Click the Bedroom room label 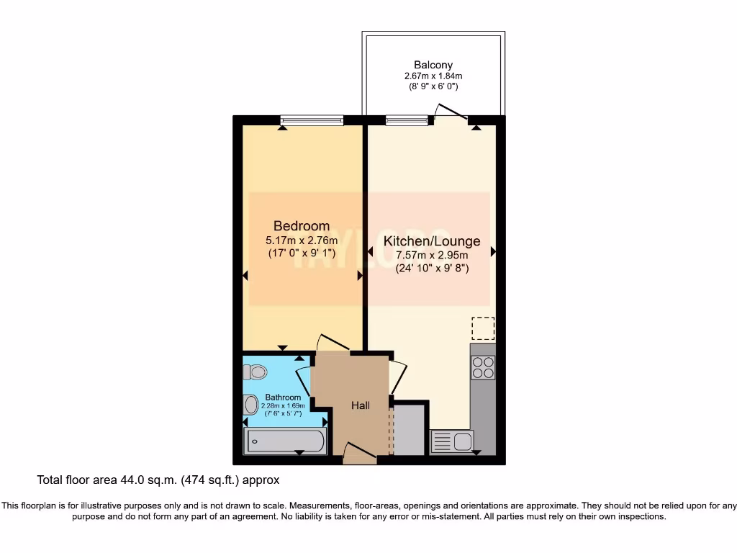pyautogui.click(x=301, y=226)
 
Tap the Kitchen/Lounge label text pyautogui.click(x=431, y=241)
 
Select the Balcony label pyautogui.click(x=433, y=65)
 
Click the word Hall pyautogui.click(x=361, y=406)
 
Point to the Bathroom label pyautogui.click(x=283, y=397)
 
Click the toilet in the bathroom pyautogui.click(x=254, y=372)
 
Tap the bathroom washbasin pyautogui.click(x=251, y=405)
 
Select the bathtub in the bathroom pyautogui.click(x=286, y=441)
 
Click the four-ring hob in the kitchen pyautogui.click(x=483, y=368)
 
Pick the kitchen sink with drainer pyautogui.click(x=452, y=441)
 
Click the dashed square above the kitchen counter pyautogui.click(x=483, y=328)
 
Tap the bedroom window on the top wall pyautogui.click(x=311, y=120)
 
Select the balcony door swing pyautogui.click(x=452, y=112)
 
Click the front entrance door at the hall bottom pyautogui.click(x=359, y=453)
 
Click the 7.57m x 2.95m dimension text pyautogui.click(x=432, y=256)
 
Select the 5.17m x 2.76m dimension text pyautogui.click(x=301, y=240)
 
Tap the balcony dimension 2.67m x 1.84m pyautogui.click(x=433, y=76)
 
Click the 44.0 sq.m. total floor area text pyautogui.click(x=158, y=479)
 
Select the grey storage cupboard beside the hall pyautogui.click(x=410, y=430)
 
